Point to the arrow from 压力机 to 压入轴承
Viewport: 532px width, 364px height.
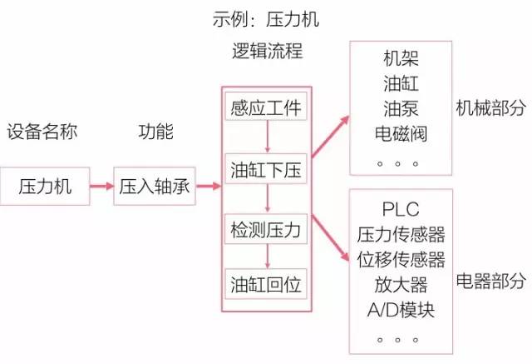click(x=101, y=186)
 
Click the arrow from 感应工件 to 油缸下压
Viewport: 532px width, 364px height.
click(x=268, y=137)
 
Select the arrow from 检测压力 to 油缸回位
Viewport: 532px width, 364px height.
click(x=268, y=257)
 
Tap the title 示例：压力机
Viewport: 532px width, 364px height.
click(x=266, y=19)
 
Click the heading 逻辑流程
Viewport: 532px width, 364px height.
click(x=268, y=51)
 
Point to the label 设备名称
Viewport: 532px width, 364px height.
click(x=42, y=132)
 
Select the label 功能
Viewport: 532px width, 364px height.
click(x=156, y=132)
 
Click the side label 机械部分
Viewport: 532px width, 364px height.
click(x=491, y=108)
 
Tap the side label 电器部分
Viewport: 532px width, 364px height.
click(x=491, y=281)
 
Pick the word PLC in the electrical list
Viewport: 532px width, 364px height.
click(x=401, y=209)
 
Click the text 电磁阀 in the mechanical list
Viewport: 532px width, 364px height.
click(x=401, y=133)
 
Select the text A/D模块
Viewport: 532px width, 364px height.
click(x=401, y=310)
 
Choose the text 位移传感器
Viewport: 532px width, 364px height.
click(x=401, y=259)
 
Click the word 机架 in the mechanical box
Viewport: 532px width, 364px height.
click(x=401, y=58)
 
